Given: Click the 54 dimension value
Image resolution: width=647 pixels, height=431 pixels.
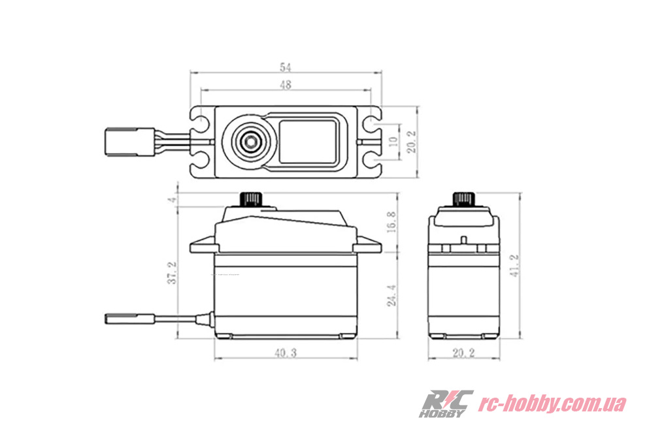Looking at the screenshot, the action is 286,67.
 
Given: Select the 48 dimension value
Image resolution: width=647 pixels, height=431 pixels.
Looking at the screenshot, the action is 286,84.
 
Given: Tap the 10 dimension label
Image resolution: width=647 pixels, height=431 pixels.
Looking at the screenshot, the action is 393,141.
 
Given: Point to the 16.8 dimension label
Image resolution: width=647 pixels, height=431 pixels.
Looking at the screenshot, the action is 391,222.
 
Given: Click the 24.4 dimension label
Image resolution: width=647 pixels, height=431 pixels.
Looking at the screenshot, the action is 391,295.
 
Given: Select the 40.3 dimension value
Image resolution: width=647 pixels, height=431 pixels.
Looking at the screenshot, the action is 286,353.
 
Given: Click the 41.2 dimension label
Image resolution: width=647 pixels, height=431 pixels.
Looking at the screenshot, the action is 514,265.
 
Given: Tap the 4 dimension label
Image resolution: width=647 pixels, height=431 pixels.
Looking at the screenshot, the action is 173,200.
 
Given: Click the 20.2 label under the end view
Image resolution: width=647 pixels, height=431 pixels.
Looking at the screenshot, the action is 464,353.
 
